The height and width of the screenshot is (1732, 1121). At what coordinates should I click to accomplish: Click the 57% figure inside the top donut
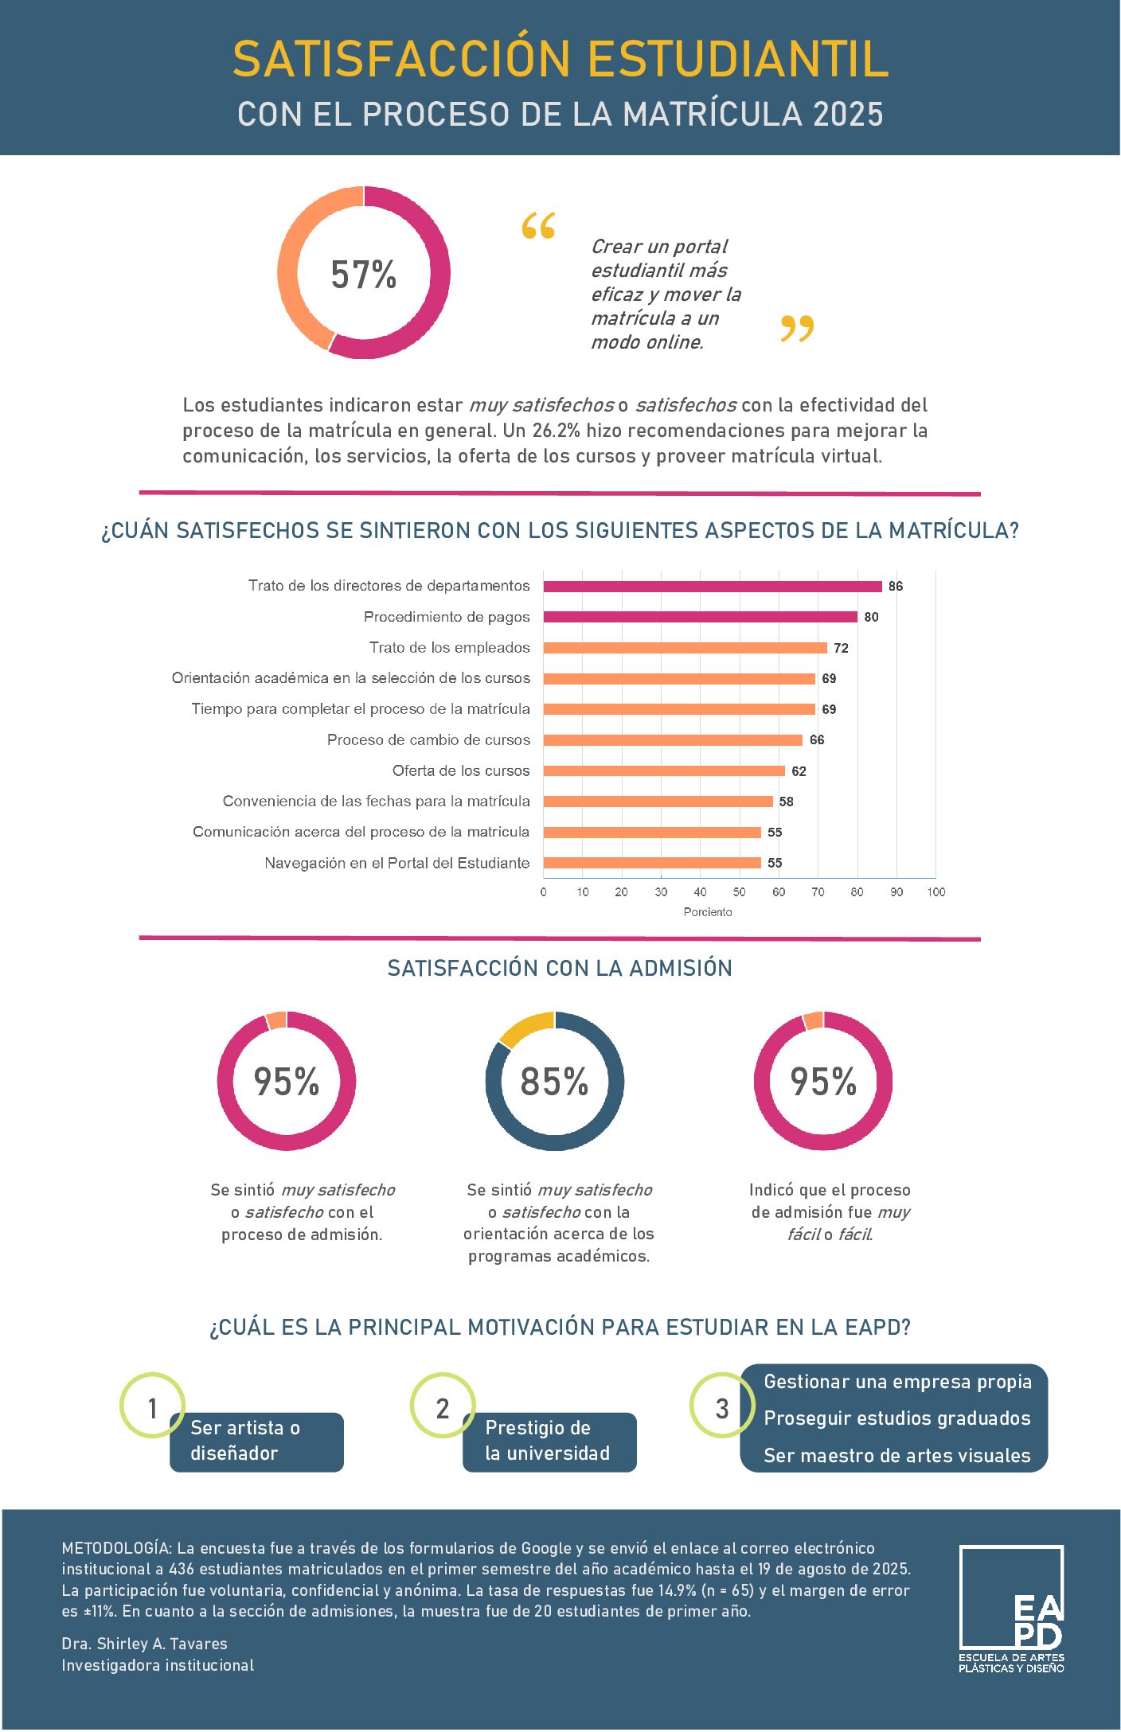coord(363,274)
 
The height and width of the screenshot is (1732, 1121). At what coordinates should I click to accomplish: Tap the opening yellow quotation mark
coord(538,226)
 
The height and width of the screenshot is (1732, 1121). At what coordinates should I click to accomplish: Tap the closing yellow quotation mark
coord(797,328)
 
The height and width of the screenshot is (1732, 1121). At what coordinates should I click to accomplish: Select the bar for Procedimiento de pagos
coord(700,617)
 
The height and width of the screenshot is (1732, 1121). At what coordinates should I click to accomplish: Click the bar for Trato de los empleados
coord(685,648)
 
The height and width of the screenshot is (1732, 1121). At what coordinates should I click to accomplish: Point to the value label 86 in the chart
coord(896,587)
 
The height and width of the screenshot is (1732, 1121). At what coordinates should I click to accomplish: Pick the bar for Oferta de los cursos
coord(664,770)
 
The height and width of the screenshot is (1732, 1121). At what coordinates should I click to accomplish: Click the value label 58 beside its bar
coord(787,802)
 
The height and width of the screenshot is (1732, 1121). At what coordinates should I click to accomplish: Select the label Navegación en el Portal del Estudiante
coord(396,863)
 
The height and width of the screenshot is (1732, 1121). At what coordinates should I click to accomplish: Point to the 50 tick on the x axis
coord(740,892)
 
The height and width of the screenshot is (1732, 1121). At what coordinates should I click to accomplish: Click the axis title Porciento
coord(707,912)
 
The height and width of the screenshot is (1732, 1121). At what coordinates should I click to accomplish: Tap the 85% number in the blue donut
coord(554,1082)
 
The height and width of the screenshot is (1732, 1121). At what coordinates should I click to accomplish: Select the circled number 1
coord(152,1408)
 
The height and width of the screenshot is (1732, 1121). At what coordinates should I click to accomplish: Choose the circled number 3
coord(721,1408)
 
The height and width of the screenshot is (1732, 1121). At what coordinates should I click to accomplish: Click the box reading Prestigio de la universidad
coord(549,1441)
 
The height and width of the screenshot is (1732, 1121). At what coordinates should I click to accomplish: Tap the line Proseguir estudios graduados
coord(896,1418)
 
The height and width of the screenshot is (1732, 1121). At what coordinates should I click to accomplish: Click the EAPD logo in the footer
coord(1011,1609)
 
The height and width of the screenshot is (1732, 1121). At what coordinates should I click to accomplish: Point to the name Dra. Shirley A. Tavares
coord(144,1644)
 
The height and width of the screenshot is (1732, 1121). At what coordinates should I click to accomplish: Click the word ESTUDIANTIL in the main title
coord(737,59)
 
